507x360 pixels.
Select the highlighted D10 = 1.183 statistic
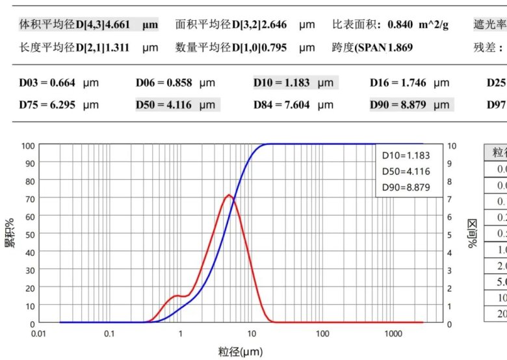[294, 83]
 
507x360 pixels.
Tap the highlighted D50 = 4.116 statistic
[177, 104]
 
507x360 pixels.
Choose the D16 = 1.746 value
[409, 83]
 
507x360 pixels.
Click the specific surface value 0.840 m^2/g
[416, 25]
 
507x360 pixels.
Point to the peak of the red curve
[229, 195]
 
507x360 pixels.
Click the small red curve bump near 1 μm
[177, 296]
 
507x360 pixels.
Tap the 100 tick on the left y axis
[27, 146]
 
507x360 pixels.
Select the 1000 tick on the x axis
[393, 333]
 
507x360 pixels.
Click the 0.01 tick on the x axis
[39, 333]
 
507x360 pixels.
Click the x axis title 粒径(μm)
[240, 352]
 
